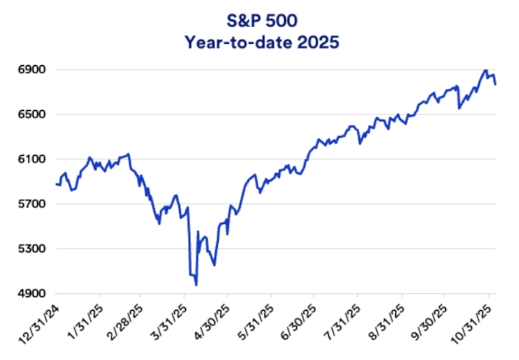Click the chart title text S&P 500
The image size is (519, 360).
click(262, 21)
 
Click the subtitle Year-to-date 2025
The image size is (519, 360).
click(262, 43)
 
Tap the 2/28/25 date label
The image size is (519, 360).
click(126, 316)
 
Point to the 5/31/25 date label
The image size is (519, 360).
click(256, 316)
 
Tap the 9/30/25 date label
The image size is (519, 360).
click(429, 316)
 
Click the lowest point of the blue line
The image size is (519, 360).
click(196, 285)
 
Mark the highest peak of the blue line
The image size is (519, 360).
click(485, 70)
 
